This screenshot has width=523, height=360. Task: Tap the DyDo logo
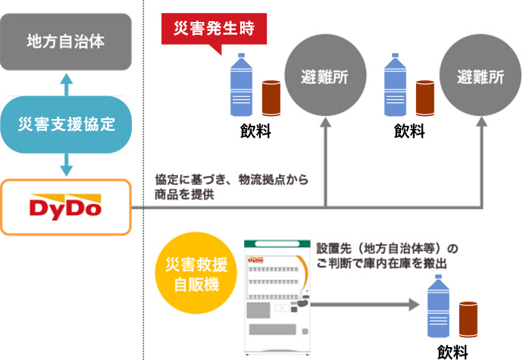[x=66, y=206]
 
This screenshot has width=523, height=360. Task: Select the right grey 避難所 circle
[x=481, y=77]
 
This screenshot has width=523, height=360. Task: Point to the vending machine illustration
[x=277, y=296]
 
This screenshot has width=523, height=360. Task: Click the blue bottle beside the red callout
[x=243, y=83]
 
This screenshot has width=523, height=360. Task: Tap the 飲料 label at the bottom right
[x=453, y=351]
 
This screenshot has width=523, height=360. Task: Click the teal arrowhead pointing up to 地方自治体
[x=66, y=78]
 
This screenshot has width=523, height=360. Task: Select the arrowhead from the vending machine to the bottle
[x=414, y=305]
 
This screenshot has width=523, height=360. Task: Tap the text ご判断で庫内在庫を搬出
[x=380, y=263]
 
